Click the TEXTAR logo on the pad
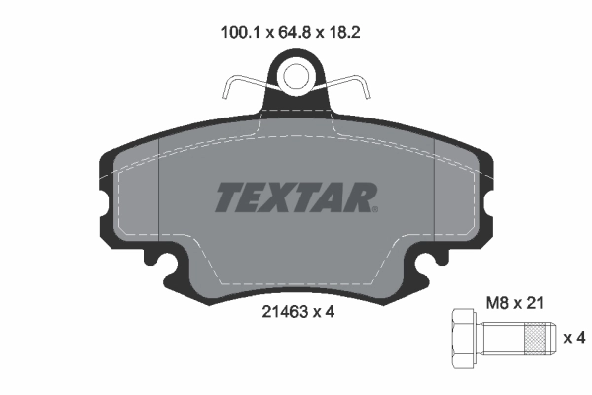click(294, 197)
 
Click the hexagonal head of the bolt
click(465, 338)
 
